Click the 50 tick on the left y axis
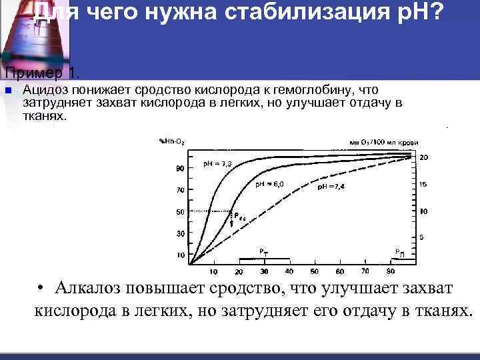pos(179,212)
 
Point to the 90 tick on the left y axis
pos(179,169)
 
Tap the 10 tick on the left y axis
pos(179,255)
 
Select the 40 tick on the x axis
pos(289,272)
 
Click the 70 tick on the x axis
pos(365,272)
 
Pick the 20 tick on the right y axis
pos(423,157)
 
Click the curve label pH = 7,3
pos(217,164)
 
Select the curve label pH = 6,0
pos(270,184)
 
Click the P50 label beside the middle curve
pos(238,216)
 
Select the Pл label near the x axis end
pos(399,253)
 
